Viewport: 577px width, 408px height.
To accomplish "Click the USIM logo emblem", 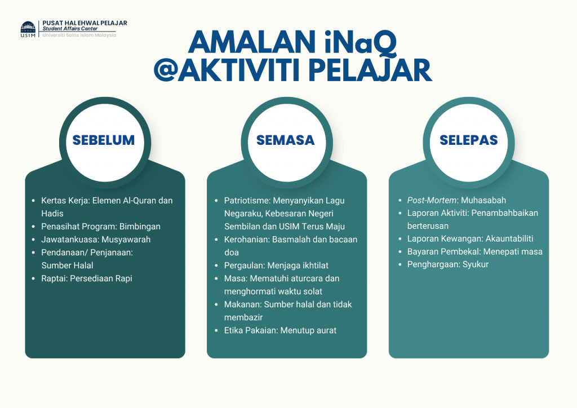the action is pos(28,29).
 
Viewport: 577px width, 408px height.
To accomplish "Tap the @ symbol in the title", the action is pos(166,70).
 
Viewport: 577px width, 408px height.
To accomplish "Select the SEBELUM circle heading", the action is pos(104,140).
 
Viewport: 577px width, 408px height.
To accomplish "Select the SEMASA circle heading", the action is pos(286,140).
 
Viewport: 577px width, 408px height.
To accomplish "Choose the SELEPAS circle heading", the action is pos(468,140).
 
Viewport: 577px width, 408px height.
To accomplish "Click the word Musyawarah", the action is pos(126,240).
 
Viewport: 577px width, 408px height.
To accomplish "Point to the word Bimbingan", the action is pos(140,227).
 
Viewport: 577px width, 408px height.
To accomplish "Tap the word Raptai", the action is pos(54,278).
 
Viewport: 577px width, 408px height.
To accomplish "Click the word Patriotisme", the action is pos(247,201).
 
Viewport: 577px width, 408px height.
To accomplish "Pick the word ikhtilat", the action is pos(313,265).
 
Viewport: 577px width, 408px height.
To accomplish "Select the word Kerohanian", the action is pos(247,240).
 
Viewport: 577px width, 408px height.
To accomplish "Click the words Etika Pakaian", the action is pos(251,330).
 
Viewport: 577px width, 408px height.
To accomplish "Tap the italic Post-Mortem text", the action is pos(432,200).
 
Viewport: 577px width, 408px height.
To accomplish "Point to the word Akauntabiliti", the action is pos(509,239).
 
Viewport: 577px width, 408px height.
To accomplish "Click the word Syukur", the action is pos(476,264).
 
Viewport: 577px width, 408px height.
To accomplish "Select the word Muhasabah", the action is pos(483,200).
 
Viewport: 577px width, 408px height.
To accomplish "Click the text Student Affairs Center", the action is pos(70,28).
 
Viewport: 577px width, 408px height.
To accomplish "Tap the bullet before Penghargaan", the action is pos(400,264).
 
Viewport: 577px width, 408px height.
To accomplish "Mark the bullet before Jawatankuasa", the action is pos(33,240).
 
